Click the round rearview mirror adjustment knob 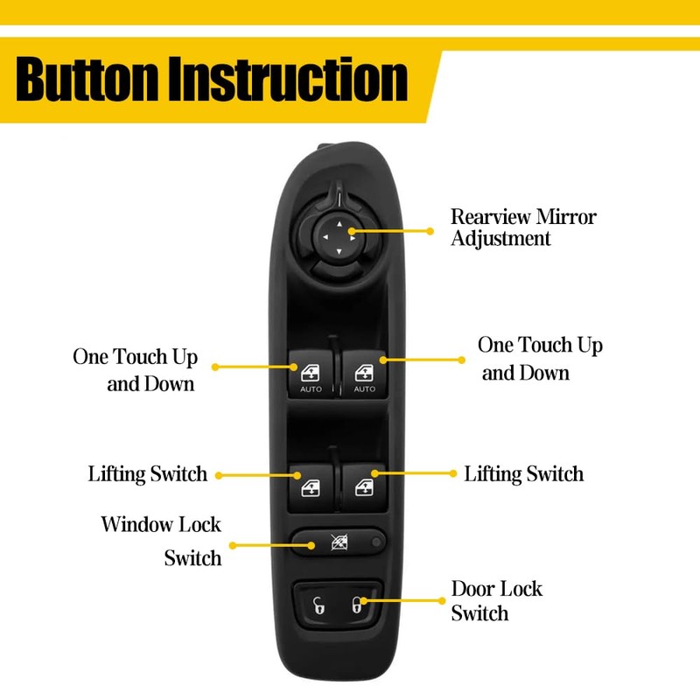[x=338, y=234]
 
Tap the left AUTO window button [x=311, y=374]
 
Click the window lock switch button [x=337, y=542]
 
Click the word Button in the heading [x=88, y=80]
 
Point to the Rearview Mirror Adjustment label [x=522, y=227]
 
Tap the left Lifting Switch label [x=148, y=474]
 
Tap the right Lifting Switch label [x=523, y=474]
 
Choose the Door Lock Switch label [x=496, y=600]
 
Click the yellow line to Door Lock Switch [x=402, y=601]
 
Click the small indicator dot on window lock [x=375, y=542]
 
